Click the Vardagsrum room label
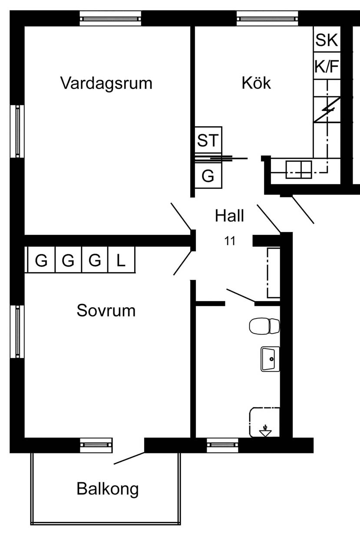pos(106,84)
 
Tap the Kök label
pos(256,83)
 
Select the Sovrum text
pos(106,311)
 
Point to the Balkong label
pos(108,489)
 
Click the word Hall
pos(229,216)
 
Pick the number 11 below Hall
pos(230,241)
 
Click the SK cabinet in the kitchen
pos(327,39)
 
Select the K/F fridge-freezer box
pos(327,66)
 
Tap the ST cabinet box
pos(208,140)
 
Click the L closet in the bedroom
pos(122,259)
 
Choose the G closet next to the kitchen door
pos(208,176)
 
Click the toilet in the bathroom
pos(264,326)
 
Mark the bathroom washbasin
pos(270,359)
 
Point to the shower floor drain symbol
pos(265,430)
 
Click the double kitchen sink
pos(299,170)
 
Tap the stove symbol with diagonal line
pos(327,110)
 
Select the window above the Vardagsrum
pos(110,18)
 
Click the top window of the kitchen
pos(267,18)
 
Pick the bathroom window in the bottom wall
pos(222,445)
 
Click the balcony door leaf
pos(129,458)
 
